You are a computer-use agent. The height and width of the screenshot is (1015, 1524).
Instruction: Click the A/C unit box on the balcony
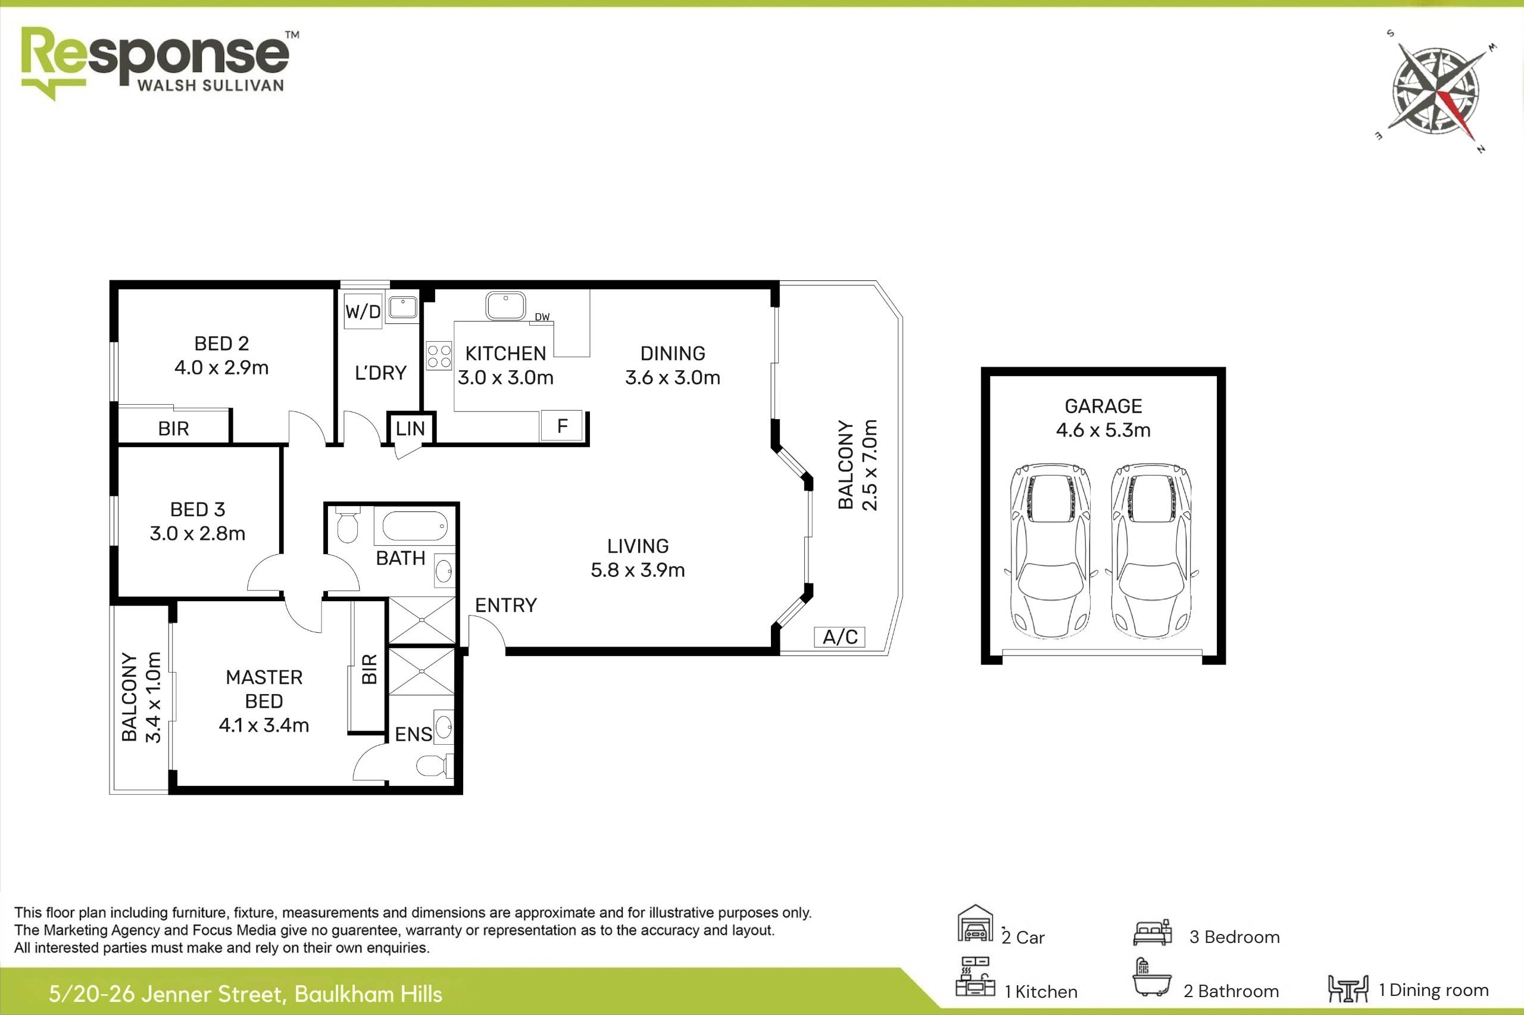tap(839, 637)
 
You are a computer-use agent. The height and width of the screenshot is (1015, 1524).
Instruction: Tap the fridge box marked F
tap(562, 425)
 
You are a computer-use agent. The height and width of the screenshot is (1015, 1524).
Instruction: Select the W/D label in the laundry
tap(363, 312)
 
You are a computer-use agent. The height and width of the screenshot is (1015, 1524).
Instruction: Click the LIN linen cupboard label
tap(410, 428)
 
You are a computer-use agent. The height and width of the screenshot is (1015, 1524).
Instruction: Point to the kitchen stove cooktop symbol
tap(439, 356)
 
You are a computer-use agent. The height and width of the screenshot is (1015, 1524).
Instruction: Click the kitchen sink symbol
tap(505, 305)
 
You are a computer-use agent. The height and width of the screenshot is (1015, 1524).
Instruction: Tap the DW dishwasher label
tap(542, 317)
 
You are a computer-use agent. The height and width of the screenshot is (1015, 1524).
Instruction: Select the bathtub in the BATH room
tap(414, 526)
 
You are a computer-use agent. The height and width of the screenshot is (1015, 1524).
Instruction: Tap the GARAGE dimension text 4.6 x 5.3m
tap(1103, 430)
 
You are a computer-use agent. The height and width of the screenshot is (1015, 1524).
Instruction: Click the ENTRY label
tap(505, 605)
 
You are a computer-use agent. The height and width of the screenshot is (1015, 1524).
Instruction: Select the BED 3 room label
tap(198, 510)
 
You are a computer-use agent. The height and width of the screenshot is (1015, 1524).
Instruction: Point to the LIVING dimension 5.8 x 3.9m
tap(638, 570)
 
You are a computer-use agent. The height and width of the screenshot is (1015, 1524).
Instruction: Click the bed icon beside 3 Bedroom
tap(1152, 934)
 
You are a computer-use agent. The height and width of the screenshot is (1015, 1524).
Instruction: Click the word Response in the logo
tap(155, 55)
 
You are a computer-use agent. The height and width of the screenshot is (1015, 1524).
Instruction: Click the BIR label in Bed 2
tap(173, 429)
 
